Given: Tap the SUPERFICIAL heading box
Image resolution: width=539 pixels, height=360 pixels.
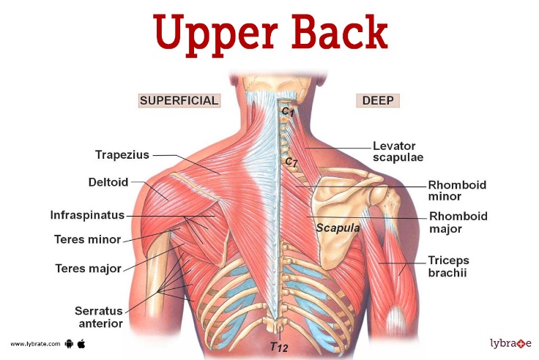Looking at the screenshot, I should [x=179, y=101].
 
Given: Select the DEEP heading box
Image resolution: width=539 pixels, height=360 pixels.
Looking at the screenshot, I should [x=377, y=101].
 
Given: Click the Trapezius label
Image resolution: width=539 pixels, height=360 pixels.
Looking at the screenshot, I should [x=122, y=155].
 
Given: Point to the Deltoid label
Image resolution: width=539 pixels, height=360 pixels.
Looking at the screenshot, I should [x=108, y=181].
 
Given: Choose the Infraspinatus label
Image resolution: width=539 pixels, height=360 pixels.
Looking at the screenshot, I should [x=87, y=216].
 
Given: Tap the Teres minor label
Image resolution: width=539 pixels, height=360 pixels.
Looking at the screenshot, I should [x=87, y=239].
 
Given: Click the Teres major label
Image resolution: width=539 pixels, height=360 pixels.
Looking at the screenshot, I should [x=88, y=269].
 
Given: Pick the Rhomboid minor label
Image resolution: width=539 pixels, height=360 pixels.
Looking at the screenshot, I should [x=457, y=190].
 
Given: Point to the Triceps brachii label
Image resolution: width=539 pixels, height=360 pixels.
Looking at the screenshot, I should [x=448, y=266].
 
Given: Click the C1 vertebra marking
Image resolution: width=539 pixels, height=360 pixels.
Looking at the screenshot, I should [x=288, y=110].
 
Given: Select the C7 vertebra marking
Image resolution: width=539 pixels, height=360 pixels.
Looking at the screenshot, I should [x=291, y=161].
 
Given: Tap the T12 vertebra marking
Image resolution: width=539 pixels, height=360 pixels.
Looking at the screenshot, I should [x=278, y=346].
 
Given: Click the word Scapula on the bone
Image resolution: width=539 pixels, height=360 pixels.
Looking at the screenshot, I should [x=338, y=228].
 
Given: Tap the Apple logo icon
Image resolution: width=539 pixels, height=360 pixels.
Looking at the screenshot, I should [x=81, y=342].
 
